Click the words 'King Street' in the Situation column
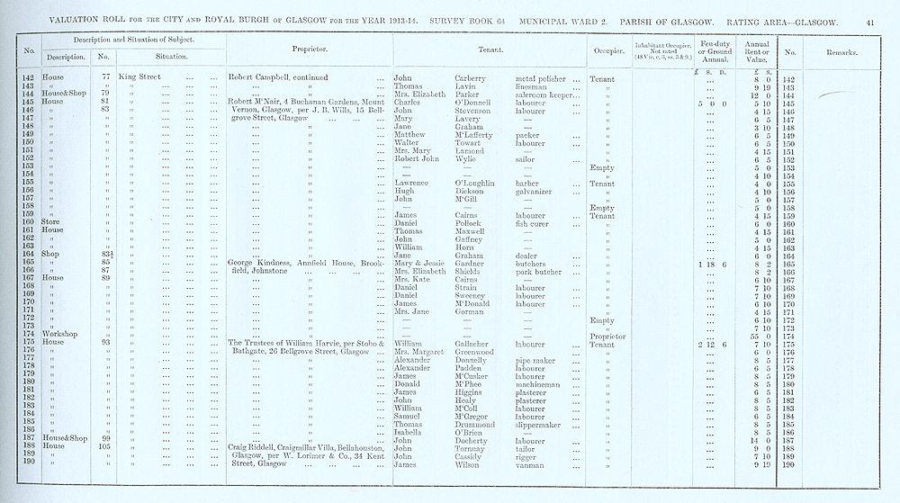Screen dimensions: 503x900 coord(138,77)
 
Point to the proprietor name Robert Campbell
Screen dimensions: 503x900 coord(260,77)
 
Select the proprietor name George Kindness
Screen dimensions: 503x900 coord(265,263)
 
